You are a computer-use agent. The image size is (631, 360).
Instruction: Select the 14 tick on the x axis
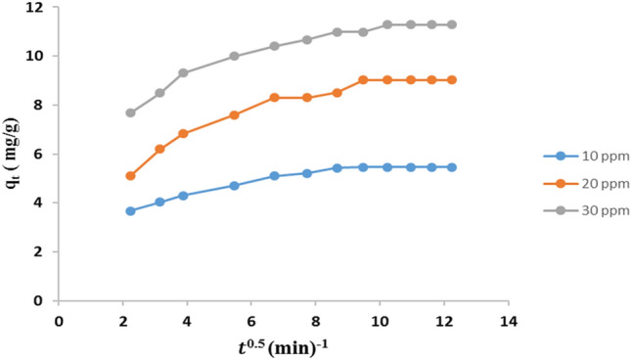coord(508,320)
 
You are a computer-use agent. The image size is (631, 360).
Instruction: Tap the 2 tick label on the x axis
coord(123,320)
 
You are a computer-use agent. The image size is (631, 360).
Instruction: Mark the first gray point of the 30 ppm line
coord(130,112)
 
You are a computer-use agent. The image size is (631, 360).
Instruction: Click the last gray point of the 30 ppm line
coord(451,24)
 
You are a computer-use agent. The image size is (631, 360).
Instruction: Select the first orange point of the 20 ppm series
coord(130,176)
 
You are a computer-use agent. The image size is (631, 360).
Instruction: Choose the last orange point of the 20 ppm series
coord(451,80)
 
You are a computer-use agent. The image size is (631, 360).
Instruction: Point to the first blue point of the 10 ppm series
coord(130,211)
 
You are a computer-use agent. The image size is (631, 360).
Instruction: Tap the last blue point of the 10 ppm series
coord(451,167)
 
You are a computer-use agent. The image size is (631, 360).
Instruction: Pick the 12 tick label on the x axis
coord(443,320)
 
